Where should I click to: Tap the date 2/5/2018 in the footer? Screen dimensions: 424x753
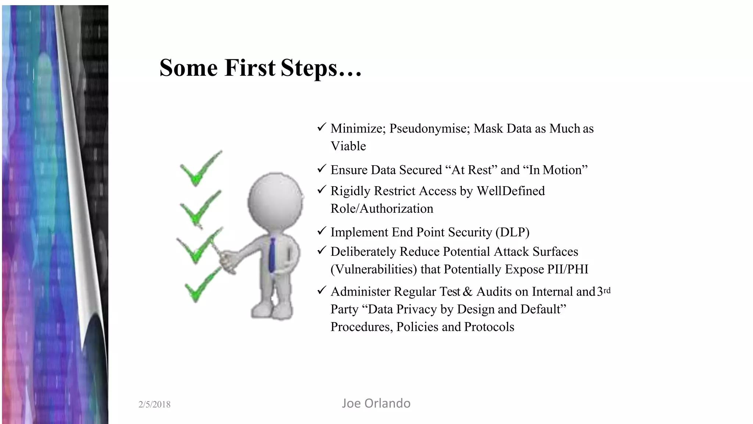pos(154,404)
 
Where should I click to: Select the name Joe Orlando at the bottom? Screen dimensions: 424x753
pos(376,403)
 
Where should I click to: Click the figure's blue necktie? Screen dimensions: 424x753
pos(272,254)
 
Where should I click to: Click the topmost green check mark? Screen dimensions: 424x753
pos(201,169)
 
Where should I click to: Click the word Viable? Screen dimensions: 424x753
pos(348,146)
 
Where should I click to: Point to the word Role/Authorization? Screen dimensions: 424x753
pos(382,209)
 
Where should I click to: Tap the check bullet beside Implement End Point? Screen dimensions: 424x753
pos(321,231)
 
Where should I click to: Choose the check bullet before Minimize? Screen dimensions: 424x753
pos(321,127)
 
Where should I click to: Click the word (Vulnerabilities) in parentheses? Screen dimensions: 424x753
pos(374,269)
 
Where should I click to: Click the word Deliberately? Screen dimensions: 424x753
pos(363,252)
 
